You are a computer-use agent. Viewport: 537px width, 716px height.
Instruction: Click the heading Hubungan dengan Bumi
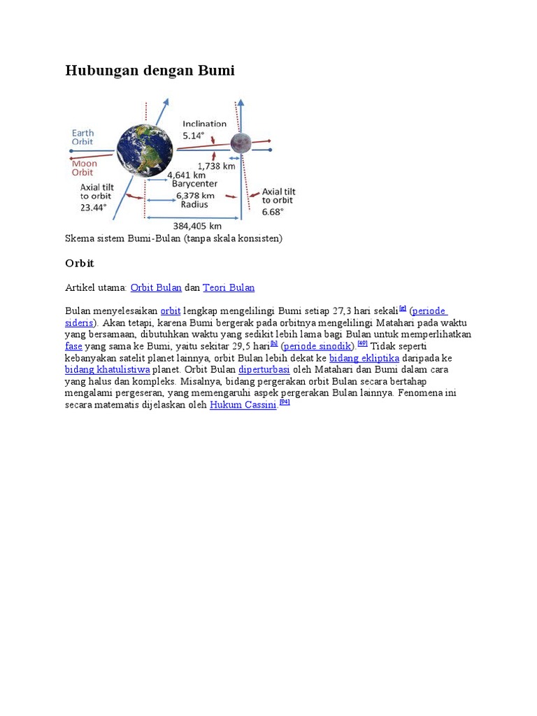coord(150,71)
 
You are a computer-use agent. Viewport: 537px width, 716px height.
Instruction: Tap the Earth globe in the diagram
coord(145,150)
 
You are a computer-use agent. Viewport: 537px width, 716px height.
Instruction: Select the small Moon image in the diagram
coord(241,143)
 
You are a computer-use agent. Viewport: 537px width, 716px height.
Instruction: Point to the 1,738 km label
coord(216,166)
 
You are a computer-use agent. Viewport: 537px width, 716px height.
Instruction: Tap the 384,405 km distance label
coord(196,225)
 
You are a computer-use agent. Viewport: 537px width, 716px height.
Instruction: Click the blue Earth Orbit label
coord(83,137)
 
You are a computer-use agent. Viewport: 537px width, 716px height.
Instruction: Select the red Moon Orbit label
coord(83,168)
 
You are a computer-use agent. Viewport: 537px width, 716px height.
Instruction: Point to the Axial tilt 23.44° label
coord(95,196)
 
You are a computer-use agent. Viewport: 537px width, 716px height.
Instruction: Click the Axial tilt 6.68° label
coord(278,201)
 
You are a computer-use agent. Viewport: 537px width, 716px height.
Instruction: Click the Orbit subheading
coord(79,264)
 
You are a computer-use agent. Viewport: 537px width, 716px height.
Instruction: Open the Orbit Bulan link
coord(156,287)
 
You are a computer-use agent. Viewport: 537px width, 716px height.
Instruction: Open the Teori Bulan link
coord(229,287)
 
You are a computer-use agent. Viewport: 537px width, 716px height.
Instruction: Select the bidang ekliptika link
coord(364,357)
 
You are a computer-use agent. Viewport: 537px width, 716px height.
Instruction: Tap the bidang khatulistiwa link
coord(108,369)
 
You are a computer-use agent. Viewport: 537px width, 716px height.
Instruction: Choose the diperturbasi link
coord(264,369)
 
